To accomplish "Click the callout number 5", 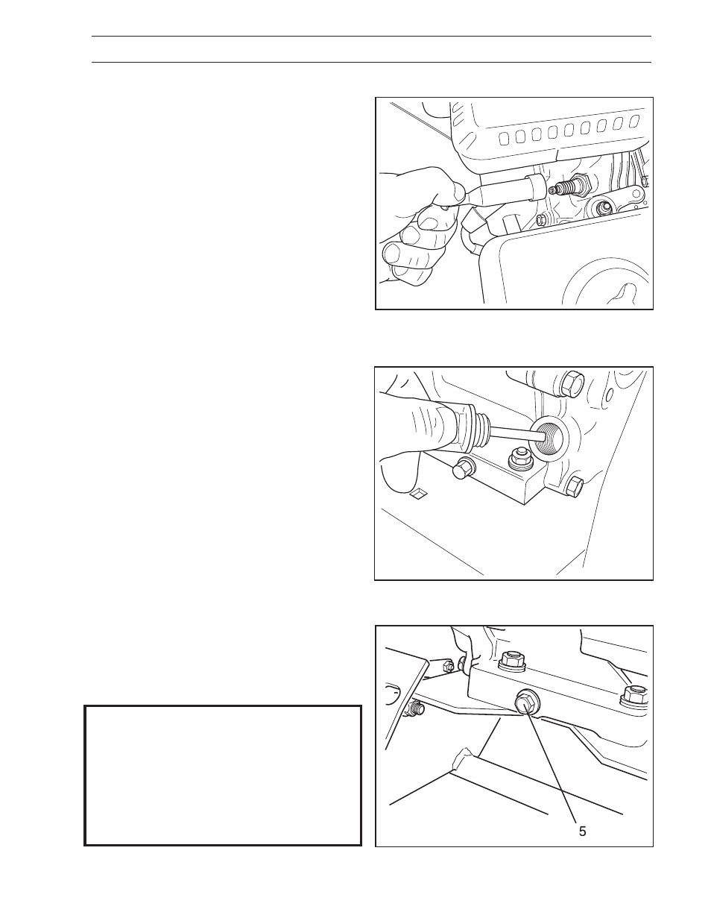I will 583,831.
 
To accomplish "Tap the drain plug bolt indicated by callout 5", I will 525,702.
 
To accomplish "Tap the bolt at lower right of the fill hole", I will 574,486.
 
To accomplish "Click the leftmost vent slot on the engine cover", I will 504,136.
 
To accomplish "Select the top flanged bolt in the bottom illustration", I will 512,658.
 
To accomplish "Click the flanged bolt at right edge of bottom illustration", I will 633,694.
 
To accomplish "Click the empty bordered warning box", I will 223,776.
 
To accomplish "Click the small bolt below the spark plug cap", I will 543,219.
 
